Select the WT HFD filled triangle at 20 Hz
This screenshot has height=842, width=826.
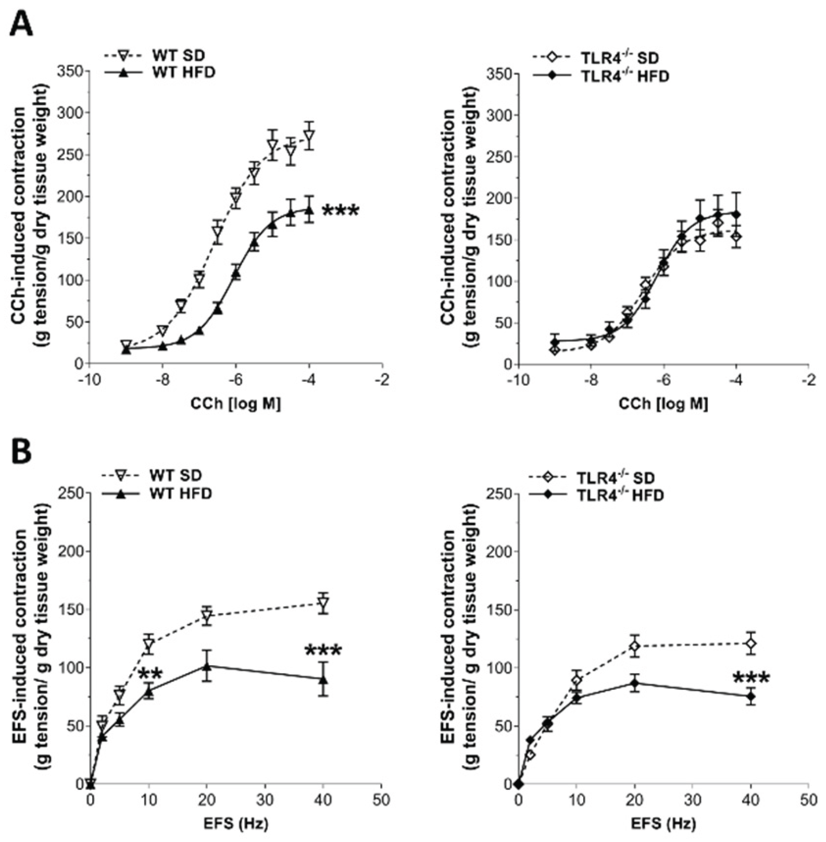207,666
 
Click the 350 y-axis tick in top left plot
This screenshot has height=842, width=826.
72,71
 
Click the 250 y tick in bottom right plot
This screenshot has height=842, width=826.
498,494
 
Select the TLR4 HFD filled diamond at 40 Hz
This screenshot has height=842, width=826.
750,697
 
